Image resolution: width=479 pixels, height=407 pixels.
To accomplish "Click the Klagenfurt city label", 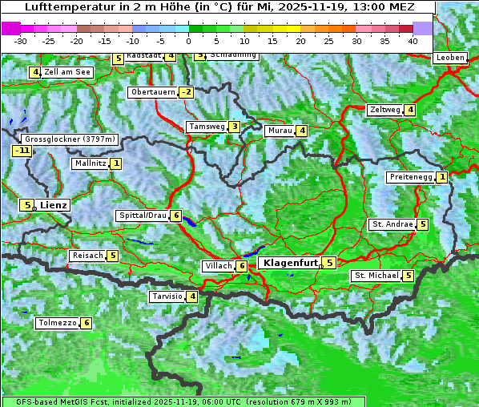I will click(x=289, y=262).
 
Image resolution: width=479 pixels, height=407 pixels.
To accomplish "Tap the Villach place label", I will click(x=218, y=266).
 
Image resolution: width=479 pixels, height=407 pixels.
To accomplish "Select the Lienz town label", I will click(x=54, y=205).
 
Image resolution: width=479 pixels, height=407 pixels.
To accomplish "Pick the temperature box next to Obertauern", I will click(x=187, y=92).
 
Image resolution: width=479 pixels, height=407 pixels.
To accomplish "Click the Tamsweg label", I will click(x=206, y=127).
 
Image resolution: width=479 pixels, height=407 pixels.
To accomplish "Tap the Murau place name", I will click(x=280, y=131).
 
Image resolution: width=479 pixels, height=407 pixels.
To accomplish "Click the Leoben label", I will click(x=450, y=58).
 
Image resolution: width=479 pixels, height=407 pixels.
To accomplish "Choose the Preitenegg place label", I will click(x=411, y=177).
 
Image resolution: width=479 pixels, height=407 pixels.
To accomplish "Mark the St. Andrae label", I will click(x=392, y=224).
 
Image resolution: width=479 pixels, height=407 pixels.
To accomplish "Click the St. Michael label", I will click(x=376, y=276).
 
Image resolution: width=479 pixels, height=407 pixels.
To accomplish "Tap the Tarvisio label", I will click(x=167, y=296).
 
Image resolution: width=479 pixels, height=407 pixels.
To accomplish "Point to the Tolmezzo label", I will click(x=57, y=323).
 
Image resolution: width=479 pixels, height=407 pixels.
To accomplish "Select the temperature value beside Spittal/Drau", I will click(x=176, y=216).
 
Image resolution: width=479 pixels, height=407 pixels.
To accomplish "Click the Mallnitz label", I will click(x=90, y=163).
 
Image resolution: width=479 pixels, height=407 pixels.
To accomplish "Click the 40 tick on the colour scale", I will click(x=413, y=40).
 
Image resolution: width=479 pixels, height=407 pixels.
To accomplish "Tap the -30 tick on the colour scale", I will click(x=21, y=40).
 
